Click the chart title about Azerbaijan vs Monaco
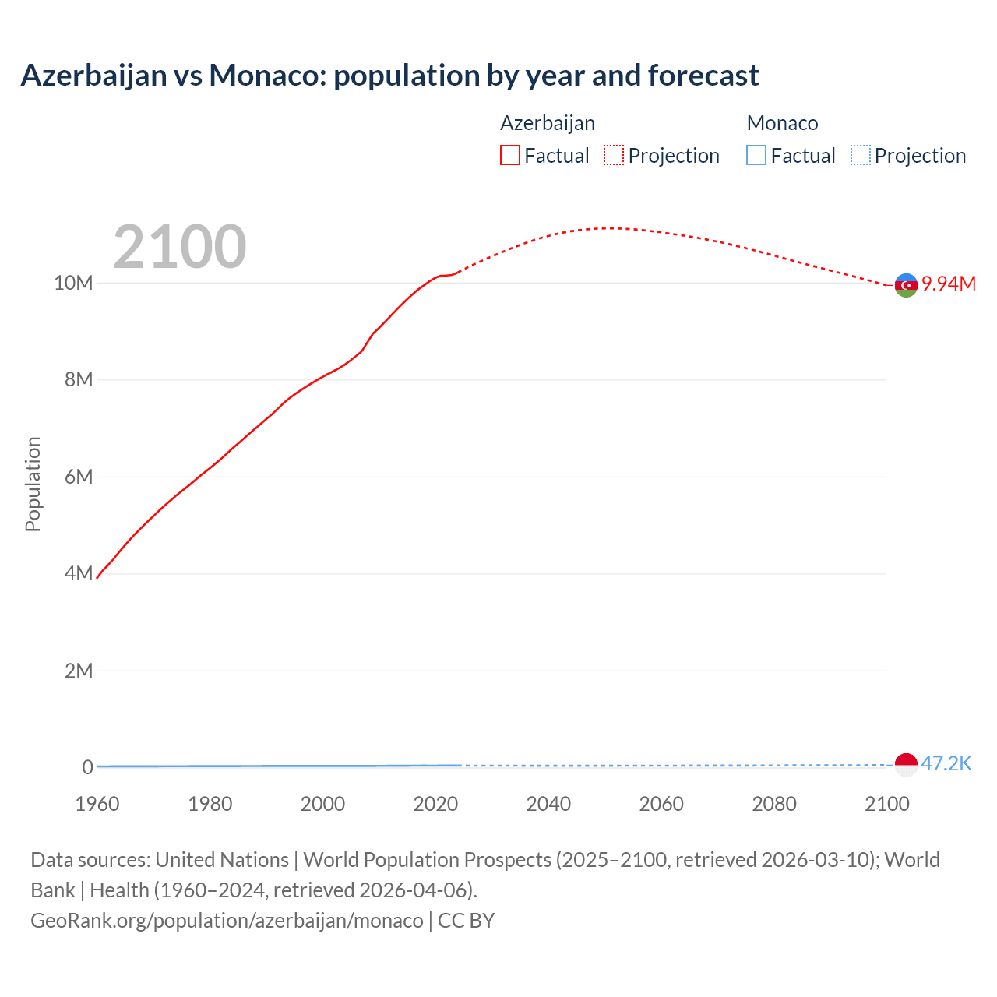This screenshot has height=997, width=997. [x=389, y=76]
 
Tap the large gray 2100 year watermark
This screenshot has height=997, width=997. [x=180, y=247]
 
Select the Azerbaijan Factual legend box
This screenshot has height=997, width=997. [x=509, y=155]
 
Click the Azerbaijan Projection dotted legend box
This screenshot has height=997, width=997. [x=614, y=155]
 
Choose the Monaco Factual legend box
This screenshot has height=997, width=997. [x=756, y=155]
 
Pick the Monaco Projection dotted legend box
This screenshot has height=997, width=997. [x=860, y=155]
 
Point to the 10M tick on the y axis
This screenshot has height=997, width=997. [x=73, y=283]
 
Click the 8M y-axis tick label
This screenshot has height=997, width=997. [x=78, y=380]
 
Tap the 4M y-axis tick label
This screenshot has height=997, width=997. [x=78, y=574]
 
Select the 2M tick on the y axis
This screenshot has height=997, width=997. [x=78, y=671]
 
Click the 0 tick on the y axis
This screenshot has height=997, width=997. [x=87, y=767]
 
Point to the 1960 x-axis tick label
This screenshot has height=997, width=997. [x=97, y=804]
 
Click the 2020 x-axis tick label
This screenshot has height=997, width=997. [x=435, y=804]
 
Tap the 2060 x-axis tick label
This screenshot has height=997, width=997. [x=661, y=804]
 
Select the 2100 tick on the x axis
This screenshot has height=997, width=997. [x=886, y=804]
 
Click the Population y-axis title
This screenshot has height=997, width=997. [x=33, y=484]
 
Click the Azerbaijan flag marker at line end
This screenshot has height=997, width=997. [x=906, y=285]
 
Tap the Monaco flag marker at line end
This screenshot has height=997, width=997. [x=906, y=765]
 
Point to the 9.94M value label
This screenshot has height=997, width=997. [x=949, y=284]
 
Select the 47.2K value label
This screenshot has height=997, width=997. [x=946, y=763]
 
